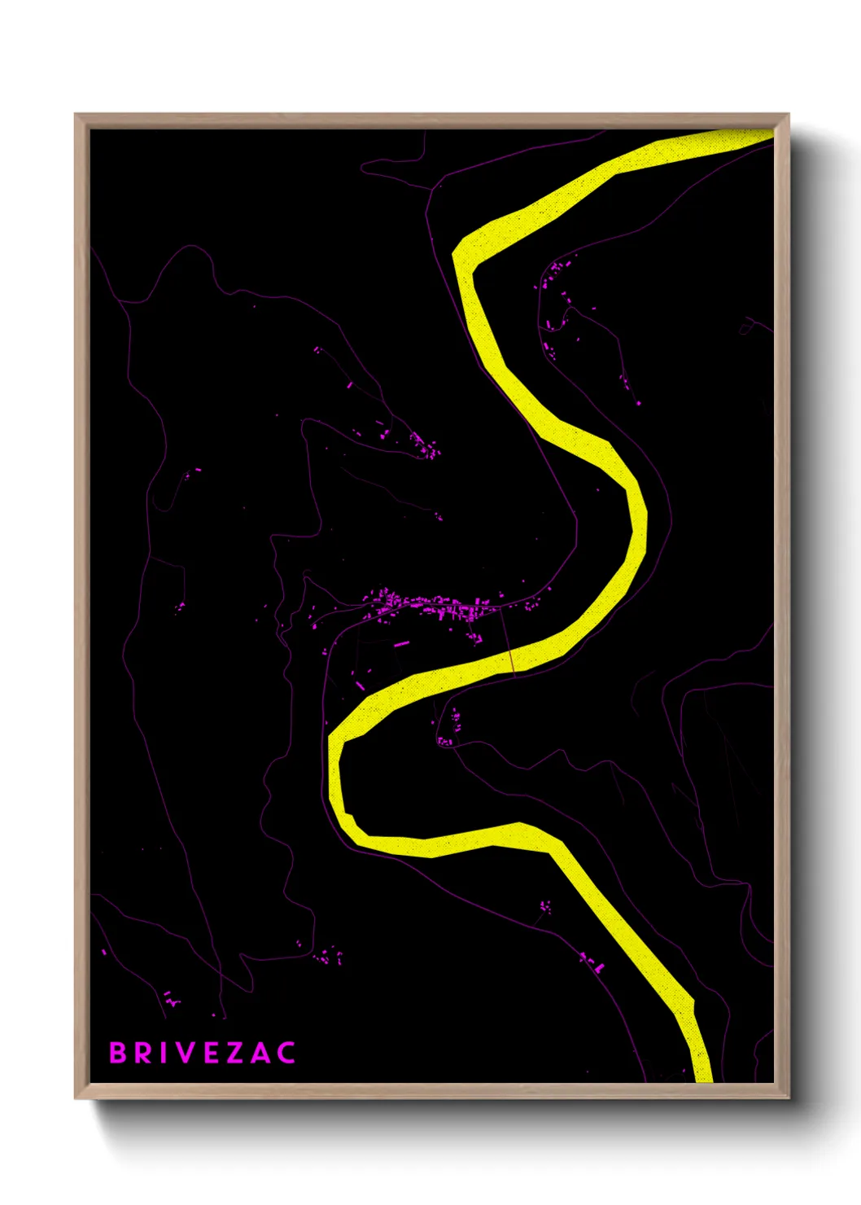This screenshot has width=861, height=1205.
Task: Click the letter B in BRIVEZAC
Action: [x=118, y=1053]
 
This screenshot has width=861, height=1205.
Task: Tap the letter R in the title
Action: [x=143, y=1053]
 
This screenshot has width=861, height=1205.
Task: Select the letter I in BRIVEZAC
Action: [x=164, y=1053]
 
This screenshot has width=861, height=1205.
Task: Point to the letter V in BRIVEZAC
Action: [x=186, y=1053]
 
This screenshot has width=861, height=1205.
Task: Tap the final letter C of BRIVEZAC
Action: [x=286, y=1053]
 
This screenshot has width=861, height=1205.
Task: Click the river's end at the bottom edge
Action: [x=703, y=1073]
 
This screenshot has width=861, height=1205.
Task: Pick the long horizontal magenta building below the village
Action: [x=401, y=644]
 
